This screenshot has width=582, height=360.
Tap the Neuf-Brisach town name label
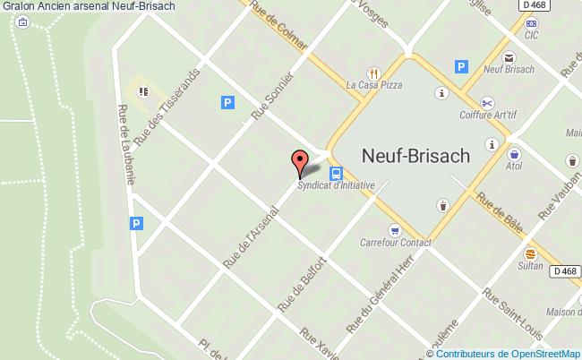[415, 155]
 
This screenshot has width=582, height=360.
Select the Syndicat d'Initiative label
[336, 186]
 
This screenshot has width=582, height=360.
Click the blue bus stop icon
[336, 173]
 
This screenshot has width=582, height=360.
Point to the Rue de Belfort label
[300, 285]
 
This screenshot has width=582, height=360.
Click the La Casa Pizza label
[373, 86]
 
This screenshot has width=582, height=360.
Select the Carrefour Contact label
[395, 243]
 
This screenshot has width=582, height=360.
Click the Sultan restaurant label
[531, 266]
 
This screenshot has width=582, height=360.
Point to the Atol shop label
[514, 166]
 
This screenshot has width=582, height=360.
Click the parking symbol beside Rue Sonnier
[227, 104]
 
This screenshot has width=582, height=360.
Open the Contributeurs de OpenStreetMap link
[508, 353]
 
